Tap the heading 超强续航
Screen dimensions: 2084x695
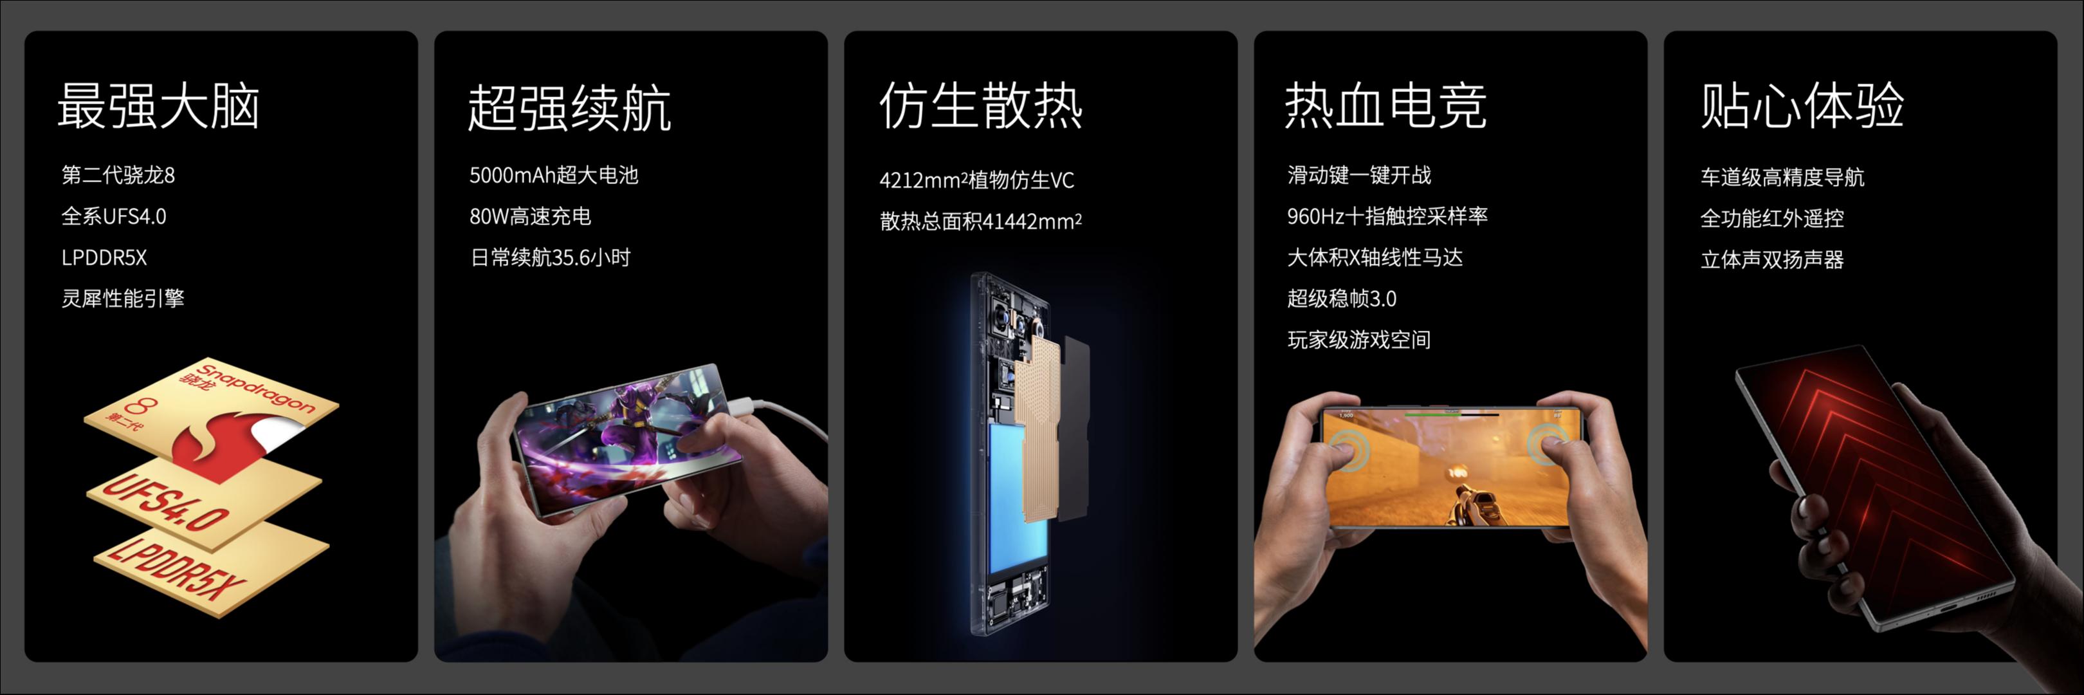coord(569,107)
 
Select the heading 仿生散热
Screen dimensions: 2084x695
coord(980,105)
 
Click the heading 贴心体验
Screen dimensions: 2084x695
coord(1802,105)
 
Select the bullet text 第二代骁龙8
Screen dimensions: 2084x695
coord(118,175)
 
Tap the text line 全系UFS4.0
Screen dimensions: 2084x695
coord(114,216)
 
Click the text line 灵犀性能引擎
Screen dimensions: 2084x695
coord(123,299)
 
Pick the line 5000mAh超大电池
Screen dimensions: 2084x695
coord(554,175)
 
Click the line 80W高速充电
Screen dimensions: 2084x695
coord(530,216)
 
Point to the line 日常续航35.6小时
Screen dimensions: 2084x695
coord(550,257)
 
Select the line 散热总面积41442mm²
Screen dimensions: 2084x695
coord(980,221)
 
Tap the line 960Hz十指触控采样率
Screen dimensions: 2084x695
coord(1387,216)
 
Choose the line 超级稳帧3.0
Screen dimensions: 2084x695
coord(1341,299)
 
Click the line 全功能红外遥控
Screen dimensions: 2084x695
coord(1772,218)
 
